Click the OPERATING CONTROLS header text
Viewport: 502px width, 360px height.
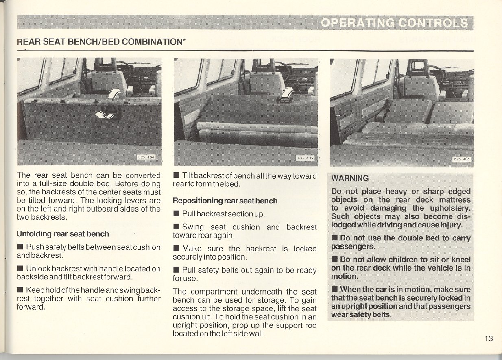point(394,23)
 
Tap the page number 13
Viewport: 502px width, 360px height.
point(489,338)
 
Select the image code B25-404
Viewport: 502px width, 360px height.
point(146,157)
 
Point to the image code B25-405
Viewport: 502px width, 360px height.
point(306,158)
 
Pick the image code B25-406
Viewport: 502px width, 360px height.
point(462,159)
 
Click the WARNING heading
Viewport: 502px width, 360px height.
point(350,178)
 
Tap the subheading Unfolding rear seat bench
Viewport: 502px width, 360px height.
point(63,234)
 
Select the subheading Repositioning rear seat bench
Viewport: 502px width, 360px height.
point(225,201)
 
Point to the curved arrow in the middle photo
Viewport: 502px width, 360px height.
point(288,94)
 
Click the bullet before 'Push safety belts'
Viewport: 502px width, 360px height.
point(20,247)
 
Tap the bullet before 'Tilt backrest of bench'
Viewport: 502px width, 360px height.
point(176,176)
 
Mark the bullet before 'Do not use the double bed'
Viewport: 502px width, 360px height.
point(334,238)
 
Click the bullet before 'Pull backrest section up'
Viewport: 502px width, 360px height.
point(176,214)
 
